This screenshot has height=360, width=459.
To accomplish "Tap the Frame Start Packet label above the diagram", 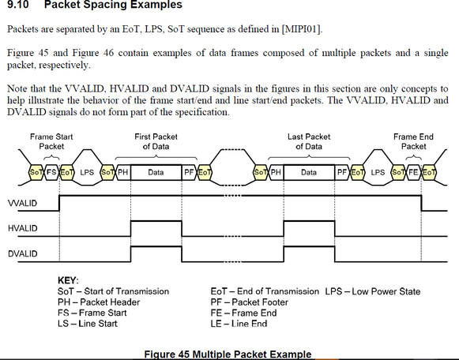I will tap(52, 141).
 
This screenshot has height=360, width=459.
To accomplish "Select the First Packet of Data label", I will tap(156, 141).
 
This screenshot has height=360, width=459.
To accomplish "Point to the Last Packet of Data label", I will tap(308, 141).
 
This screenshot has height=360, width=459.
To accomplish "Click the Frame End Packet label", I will tap(413, 141).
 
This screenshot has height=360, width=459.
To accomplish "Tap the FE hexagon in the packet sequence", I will tap(413, 171).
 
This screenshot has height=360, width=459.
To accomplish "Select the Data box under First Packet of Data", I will tap(156, 171).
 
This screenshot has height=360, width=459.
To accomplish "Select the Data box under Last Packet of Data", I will tap(308, 171).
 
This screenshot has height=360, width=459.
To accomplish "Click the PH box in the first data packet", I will tap(124, 171).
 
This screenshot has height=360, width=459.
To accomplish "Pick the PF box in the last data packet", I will tap(342, 171).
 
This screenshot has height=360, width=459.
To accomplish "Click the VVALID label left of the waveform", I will tap(23, 204).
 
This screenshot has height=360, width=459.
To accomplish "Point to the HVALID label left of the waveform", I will tap(23, 229).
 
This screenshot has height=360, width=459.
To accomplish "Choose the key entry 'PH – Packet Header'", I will tap(99, 302).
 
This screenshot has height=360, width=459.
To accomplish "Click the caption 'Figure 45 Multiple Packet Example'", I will tap(229, 354).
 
